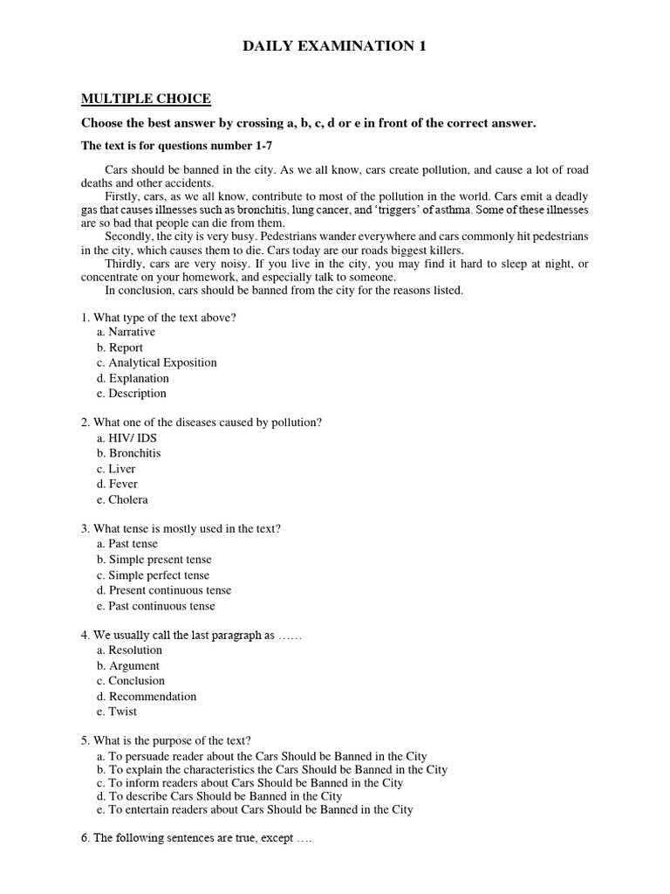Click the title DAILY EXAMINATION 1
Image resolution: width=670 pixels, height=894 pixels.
pos(334,46)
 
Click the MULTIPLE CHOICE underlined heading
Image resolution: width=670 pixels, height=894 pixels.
pos(146,99)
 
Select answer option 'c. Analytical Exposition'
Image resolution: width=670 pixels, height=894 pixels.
pos(157,362)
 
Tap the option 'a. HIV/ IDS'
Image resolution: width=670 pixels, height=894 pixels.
pos(127,437)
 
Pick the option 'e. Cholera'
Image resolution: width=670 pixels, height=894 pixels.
pos(123,499)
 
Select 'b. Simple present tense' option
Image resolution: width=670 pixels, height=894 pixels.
pos(154,559)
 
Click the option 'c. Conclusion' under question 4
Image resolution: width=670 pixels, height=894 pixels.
pos(131,680)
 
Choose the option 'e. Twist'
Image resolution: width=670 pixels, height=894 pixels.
pos(117,711)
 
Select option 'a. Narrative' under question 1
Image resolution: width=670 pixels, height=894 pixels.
pos(126,332)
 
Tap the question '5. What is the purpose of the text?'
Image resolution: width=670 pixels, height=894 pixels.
pos(167,740)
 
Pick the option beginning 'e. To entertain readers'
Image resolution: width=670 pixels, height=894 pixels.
pos(255,809)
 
